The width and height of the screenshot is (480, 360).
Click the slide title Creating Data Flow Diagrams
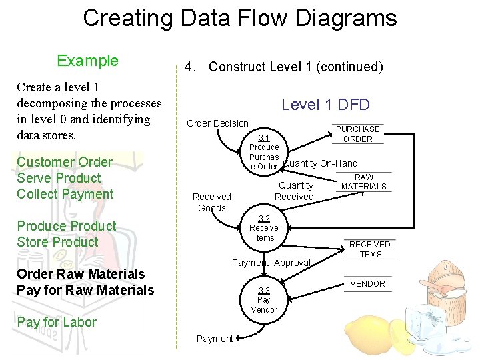point(239,18)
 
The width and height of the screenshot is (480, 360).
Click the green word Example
point(87,61)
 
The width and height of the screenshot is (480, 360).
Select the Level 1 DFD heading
point(325,104)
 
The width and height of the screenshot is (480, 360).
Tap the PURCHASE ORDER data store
point(357,134)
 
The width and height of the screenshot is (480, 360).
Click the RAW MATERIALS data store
point(363,182)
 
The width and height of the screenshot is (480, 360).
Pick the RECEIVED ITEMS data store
point(369,249)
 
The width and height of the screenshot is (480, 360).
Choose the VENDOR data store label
point(367,284)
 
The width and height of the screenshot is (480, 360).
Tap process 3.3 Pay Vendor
point(264,300)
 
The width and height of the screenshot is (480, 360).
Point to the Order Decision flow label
point(217,123)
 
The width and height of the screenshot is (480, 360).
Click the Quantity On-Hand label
point(320,163)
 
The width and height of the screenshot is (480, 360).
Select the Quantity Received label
point(295,191)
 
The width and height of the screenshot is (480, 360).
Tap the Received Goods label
point(211,202)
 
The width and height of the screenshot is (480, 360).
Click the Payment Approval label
point(271,263)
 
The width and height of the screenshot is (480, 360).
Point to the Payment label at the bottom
point(215,339)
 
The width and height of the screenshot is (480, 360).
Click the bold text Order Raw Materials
point(81,274)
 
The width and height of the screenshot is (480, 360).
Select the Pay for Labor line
point(57,322)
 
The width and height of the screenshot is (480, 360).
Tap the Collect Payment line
point(65,194)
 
